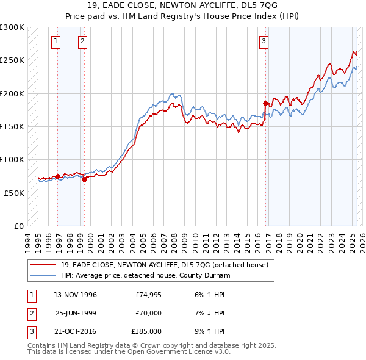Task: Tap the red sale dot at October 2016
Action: [x=266, y=103]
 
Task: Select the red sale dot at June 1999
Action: [x=85, y=179]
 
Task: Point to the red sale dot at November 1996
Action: [x=58, y=176]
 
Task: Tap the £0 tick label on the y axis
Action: [x=20, y=226]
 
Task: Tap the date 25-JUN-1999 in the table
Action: [x=76, y=313]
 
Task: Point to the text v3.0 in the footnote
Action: [x=221, y=352]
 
